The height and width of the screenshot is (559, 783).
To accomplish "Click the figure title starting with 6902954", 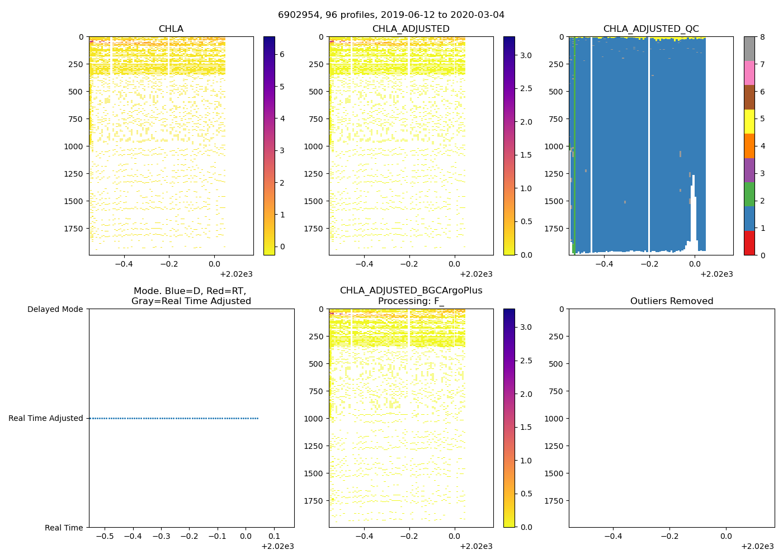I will tap(391, 15).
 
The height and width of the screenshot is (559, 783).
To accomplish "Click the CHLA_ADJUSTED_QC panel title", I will tap(650, 29).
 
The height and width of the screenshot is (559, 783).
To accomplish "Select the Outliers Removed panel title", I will tap(671, 301).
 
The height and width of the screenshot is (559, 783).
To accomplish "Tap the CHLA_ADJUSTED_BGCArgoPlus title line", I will tap(411, 290).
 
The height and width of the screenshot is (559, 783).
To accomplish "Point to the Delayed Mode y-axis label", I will tap(55, 309).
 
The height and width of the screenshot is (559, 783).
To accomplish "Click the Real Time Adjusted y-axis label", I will tap(45, 418).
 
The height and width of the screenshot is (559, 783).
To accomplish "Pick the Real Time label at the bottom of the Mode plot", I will tap(64, 528).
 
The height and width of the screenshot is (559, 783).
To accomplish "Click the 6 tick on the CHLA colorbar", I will tap(282, 54).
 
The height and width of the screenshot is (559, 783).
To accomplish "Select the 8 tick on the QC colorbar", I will tap(762, 37).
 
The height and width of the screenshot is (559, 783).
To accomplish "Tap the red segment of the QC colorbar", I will tap(749, 243).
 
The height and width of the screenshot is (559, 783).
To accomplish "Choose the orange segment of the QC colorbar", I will tap(749, 146).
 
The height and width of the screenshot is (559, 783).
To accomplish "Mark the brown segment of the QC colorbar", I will tap(749, 97).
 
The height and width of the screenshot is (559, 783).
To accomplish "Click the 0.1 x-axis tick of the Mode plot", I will tap(274, 537).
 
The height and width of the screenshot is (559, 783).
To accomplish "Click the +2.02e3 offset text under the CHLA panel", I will tap(236, 274).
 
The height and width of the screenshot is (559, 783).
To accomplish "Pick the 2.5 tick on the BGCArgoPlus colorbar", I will tap(526, 361).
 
